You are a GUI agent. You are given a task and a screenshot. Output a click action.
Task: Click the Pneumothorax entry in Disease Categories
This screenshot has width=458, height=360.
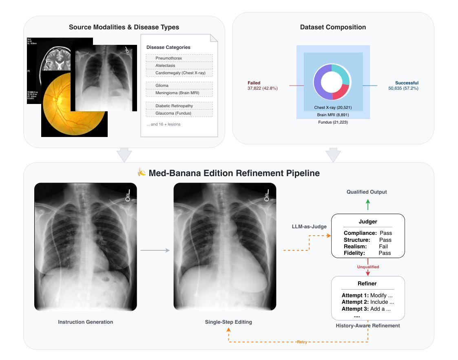click(x=168, y=58)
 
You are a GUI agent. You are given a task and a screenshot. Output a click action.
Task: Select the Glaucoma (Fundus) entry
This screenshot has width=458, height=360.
click(x=173, y=113)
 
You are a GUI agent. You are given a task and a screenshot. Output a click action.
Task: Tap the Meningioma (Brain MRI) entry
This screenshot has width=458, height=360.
click(x=177, y=93)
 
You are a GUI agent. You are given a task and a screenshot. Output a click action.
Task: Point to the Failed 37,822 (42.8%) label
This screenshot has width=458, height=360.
click(x=262, y=86)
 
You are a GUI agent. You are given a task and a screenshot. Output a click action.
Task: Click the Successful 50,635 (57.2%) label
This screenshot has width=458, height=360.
click(x=403, y=86)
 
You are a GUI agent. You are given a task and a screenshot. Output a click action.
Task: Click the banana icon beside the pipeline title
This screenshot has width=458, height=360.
click(x=142, y=173)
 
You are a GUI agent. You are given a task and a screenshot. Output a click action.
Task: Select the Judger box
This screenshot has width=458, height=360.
click(x=368, y=236)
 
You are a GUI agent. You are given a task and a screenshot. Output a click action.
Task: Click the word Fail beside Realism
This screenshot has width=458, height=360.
click(x=383, y=246)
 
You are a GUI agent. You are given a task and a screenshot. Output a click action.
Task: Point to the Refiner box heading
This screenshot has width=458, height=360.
click(x=367, y=284)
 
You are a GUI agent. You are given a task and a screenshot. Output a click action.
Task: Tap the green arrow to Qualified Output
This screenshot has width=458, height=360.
click(x=368, y=205)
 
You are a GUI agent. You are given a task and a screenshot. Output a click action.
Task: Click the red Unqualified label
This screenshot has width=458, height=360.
click(x=368, y=267)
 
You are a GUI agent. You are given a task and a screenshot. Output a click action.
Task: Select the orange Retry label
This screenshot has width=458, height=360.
click(x=302, y=342)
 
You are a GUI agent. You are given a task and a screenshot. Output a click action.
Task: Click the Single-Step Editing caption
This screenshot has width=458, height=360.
click(x=228, y=322)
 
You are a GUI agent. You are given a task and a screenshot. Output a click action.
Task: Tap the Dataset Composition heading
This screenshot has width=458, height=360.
click(x=333, y=27)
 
